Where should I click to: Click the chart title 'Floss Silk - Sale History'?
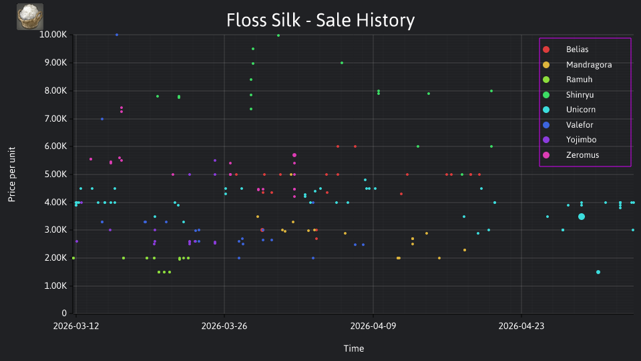320,20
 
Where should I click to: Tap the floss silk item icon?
30,17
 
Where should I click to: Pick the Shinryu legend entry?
568,95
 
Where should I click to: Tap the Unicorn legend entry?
569,110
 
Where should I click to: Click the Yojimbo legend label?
570,140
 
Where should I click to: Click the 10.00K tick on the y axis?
53,35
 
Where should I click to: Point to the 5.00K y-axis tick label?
55,174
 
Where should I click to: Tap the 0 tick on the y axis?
64,313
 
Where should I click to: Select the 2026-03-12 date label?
76,326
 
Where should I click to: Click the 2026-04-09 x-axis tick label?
373,326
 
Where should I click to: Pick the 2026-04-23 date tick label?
521,326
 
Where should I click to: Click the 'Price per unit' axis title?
12,174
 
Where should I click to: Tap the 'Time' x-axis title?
354,348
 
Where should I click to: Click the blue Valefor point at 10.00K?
117,35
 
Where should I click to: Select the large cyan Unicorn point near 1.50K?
598,272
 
